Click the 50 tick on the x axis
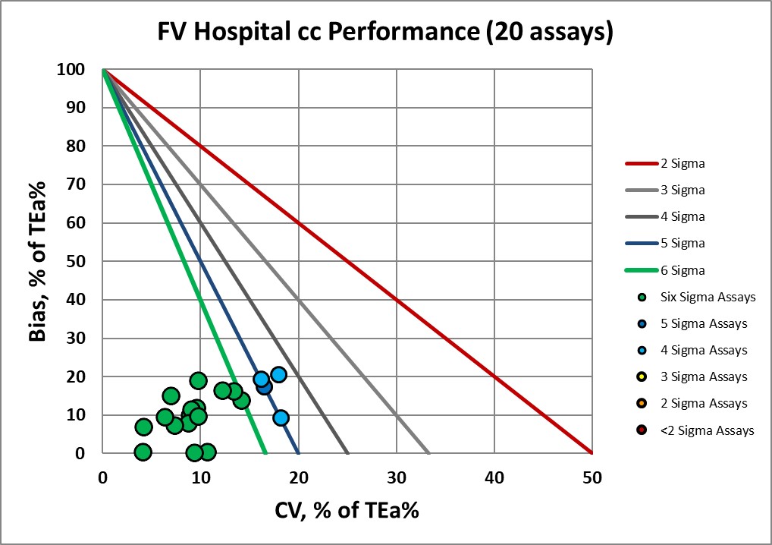[x=592, y=477]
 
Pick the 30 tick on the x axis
[x=396, y=477]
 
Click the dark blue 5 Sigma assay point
[x=264, y=386]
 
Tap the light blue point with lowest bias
[x=281, y=417]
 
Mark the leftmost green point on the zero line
[x=143, y=452]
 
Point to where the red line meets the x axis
[x=592, y=453]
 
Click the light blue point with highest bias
[x=278, y=374]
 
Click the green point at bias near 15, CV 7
[x=171, y=395]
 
